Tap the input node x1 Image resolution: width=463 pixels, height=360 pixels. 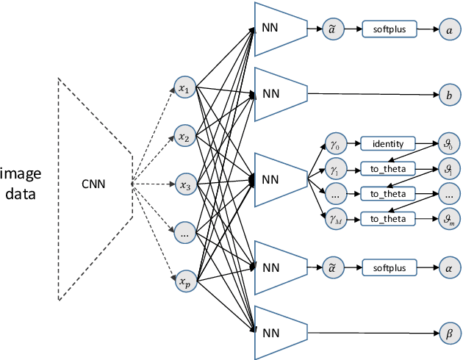click(x=184, y=89)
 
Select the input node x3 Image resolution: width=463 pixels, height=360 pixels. click(x=184, y=185)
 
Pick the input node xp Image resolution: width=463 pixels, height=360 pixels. click(x=184, y=281)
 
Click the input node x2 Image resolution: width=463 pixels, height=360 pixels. click(x=184, y=137)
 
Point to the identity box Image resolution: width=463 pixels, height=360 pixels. click(x=388, y=143)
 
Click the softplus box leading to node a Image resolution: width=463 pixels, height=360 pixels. click(x=388, y=29)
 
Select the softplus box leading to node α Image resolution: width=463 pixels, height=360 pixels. click(x=388, y=267)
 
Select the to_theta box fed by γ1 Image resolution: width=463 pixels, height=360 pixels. click(x=388, y=168)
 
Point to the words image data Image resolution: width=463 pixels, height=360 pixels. click(x=21, y=184)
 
